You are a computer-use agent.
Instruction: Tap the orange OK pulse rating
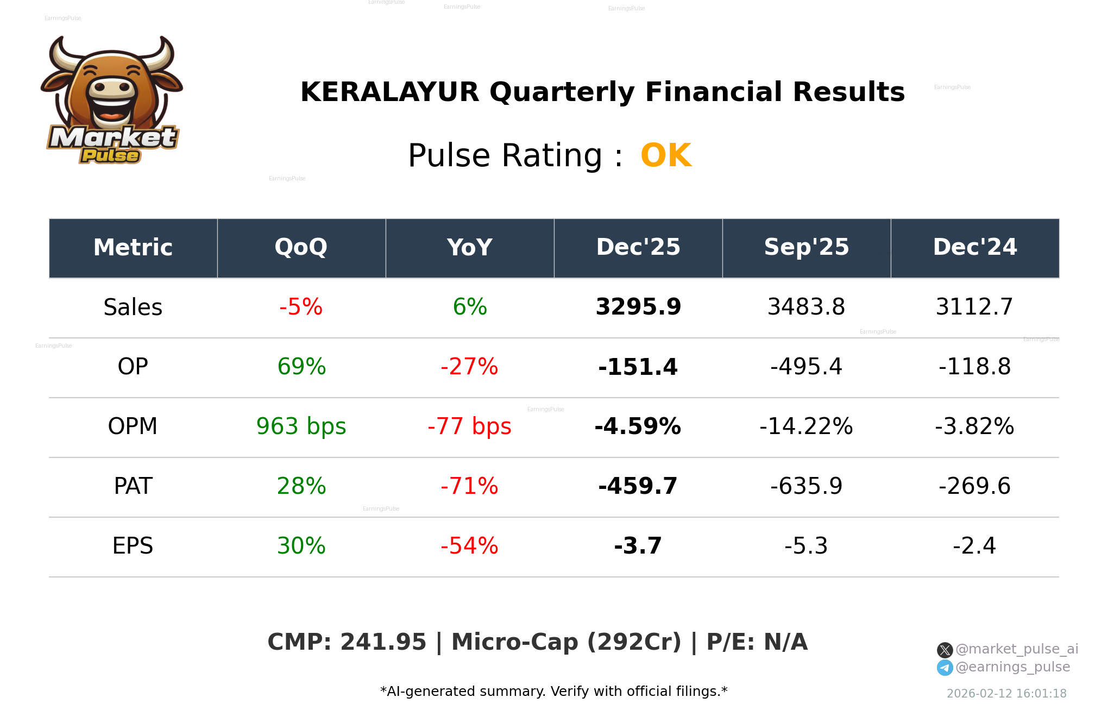665,156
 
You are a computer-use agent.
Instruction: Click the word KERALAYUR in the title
389,92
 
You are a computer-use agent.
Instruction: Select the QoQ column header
301,248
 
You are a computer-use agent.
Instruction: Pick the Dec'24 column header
974,248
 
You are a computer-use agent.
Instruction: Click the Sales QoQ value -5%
301,307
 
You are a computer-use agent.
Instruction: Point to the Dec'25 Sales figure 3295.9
638,307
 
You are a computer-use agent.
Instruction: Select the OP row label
133,367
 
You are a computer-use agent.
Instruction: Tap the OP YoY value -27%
469,367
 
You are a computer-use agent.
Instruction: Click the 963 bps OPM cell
301,427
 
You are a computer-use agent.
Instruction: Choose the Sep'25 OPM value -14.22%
806,427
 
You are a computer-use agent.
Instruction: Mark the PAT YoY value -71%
469,487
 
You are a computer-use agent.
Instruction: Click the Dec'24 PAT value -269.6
974,487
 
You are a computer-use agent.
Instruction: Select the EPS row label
133,547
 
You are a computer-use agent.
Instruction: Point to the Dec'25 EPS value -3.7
638,547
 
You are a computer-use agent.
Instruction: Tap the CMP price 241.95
383,642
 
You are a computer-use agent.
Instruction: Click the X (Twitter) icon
945,650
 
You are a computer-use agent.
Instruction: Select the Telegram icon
945,668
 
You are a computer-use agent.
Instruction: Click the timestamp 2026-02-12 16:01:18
1006,694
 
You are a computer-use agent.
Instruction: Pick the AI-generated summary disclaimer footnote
553,692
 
